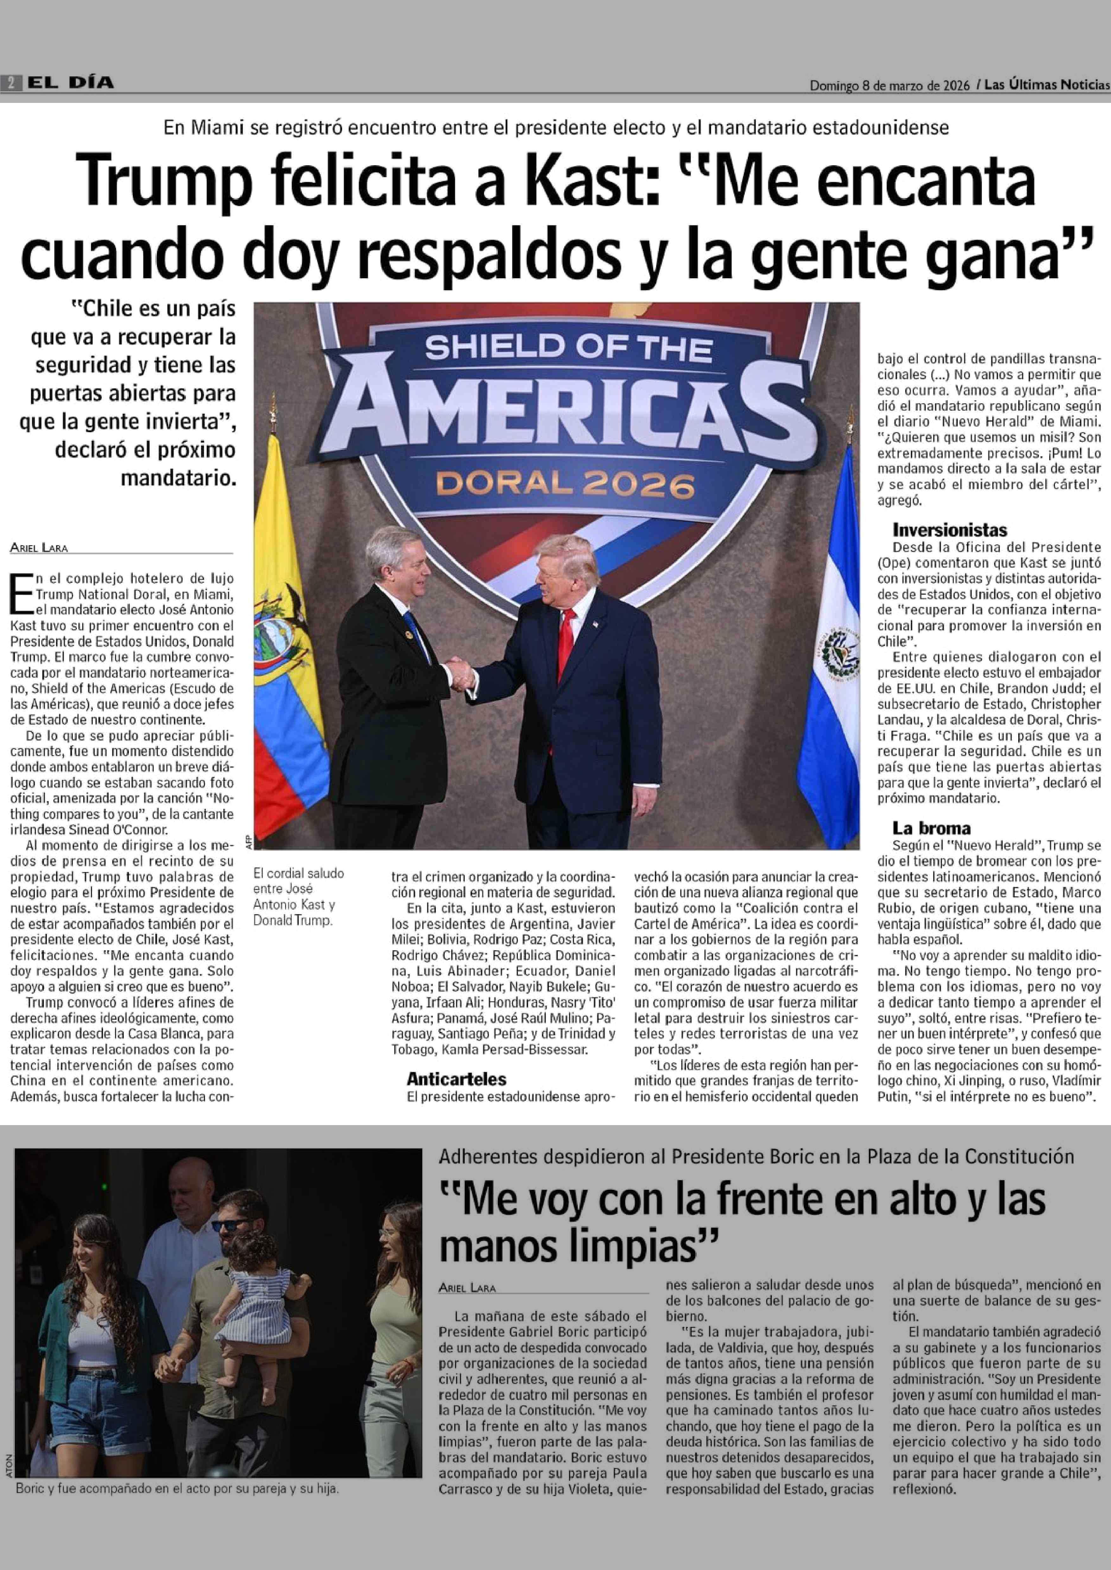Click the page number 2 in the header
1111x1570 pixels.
(x=12, y=83)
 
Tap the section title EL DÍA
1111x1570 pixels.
(x=70, y=83)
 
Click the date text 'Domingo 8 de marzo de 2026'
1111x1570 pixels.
(x=889, y=85)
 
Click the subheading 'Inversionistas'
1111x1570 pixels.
(x=949, y=530)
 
